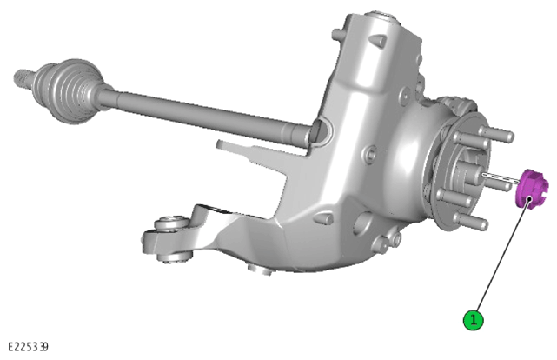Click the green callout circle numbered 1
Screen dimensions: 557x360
tap(474, 320)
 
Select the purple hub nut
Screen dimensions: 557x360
tap(532, 190)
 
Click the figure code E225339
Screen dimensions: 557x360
tap(28, 346)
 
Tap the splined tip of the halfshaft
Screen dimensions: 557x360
tap(23, 79)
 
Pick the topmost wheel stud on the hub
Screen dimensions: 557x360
tap(496, 134)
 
